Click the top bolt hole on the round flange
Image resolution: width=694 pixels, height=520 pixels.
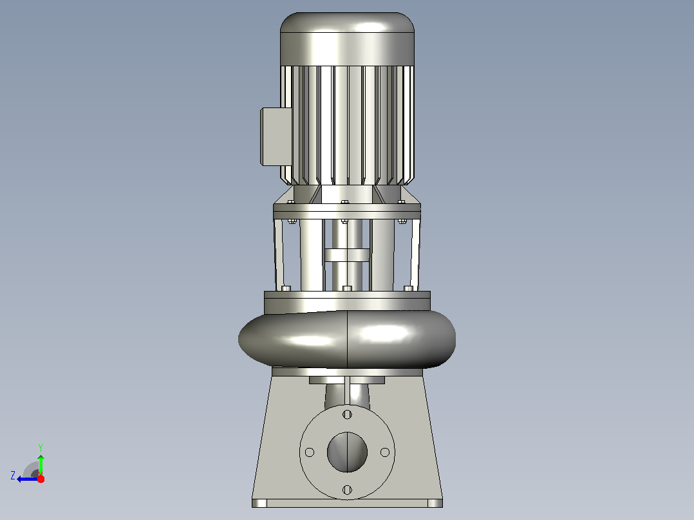[x=348, y=414]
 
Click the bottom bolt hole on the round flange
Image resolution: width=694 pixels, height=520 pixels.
[x=348, y=490]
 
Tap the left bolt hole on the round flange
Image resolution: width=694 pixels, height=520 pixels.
[x=310, y=452]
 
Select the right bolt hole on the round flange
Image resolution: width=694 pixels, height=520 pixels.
[x=385, y=452]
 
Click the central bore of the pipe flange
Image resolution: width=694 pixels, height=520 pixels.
[x=348, y=452]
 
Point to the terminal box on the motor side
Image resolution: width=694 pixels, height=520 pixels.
[x=276, y=136]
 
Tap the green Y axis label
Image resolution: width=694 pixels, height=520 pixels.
[x=41, y=447]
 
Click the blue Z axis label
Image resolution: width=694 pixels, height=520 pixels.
[x=13, y=476]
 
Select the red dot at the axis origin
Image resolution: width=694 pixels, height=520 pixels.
[x=41, y=479]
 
